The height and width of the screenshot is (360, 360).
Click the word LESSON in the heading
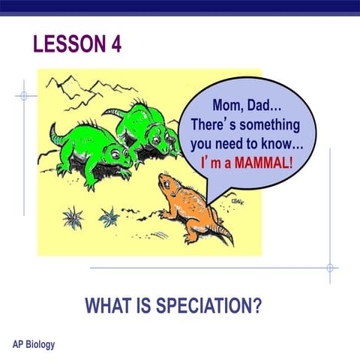coord(70,43)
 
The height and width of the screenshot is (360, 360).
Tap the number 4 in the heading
coord(116,43)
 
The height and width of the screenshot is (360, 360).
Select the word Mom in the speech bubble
coord(227,105)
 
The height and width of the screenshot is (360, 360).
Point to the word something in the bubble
coord(270,124)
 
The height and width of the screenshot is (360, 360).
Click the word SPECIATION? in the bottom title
coord(208,305)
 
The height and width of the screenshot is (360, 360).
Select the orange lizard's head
coord(166,181)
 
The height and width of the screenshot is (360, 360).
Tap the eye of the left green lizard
coord(115,154)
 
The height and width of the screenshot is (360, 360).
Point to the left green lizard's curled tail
coord(55,136)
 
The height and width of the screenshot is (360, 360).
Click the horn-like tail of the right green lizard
coord(113,112)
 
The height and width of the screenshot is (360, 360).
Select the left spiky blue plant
coord(73,217)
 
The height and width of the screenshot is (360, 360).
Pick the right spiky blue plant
coord(109,217)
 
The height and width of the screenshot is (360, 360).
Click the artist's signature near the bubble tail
coord(237,202)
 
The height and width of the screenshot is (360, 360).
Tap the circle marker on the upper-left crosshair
coord(24,96)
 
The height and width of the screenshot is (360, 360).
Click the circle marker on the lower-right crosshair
coord(330,268)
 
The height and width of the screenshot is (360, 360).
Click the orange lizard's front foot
coord(163,214)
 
